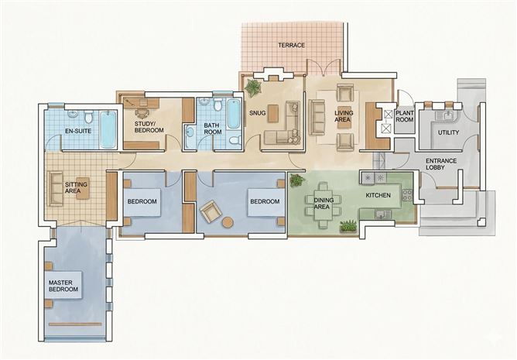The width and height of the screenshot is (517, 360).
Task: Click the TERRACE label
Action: [291, 46]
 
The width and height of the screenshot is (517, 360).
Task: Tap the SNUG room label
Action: [257, 112]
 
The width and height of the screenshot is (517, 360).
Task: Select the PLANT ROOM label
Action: [404, 116]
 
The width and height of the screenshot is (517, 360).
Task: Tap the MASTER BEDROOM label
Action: [63, 286]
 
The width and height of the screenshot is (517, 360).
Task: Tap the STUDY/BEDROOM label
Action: [149, 127]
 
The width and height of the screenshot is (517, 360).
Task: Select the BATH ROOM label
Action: [213, 129]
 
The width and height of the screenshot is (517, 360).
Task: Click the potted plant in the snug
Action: [252, 86]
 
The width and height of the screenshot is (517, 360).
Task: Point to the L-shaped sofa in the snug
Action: [283, 129]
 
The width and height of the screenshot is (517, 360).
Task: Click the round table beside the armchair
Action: [228, 221]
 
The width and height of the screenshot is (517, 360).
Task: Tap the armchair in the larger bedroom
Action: [209, 211]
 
